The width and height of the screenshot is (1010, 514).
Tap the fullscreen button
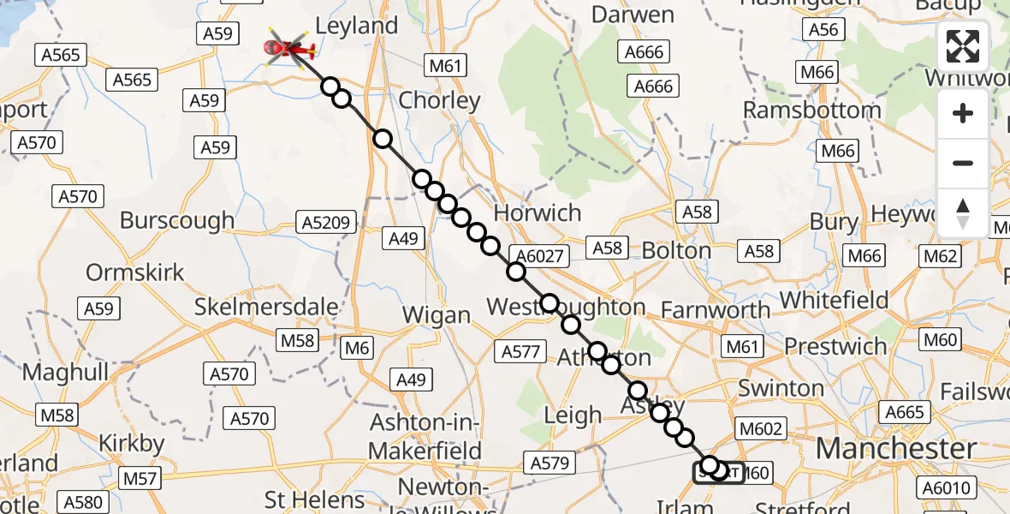(x=963, y=47)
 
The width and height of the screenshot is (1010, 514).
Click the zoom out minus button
(x=963, y=163)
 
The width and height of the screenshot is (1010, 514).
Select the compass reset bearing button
(x=963, y=212)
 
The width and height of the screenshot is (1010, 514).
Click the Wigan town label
(x=437, y=315)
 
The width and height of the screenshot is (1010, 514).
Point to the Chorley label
(x=440, y=100)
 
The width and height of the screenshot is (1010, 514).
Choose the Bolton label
(x=676, y=251)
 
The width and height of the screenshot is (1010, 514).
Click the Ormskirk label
(x=135, y=273)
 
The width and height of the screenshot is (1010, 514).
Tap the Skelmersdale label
(x=266, y=307)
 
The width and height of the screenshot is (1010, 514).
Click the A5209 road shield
(x=326, y=224)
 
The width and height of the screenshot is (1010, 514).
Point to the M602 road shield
(x=759, y=428)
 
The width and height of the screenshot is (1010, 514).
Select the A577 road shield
(x=520, y=350)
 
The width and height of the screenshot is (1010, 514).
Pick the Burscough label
(x=177, y=220)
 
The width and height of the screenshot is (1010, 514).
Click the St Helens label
(x=315, y=499)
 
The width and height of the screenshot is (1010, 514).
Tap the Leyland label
(x=357, y=26)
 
